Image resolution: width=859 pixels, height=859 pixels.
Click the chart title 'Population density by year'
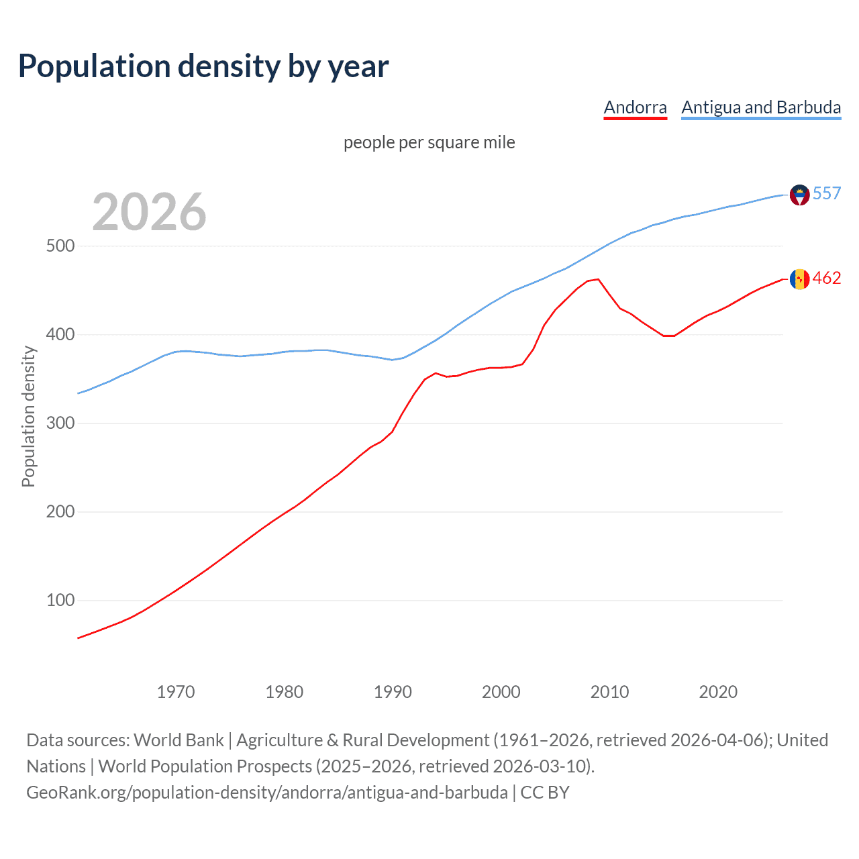tap(203, 66)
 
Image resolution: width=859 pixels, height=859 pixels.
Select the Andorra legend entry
tap(635, 107)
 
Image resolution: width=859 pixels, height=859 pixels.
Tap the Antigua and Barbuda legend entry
tap(761, 107)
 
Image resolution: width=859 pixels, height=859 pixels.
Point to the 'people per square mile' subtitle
tap(429, 142)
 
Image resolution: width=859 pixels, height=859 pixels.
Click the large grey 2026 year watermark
tap(149, 212)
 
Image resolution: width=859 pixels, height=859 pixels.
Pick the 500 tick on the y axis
tap(60, 246)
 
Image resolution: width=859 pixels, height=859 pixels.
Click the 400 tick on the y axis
tap(60, 334)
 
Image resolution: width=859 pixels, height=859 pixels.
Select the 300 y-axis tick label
tap(60, 423)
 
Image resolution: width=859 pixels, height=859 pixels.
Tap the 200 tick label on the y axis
tap(60, 511)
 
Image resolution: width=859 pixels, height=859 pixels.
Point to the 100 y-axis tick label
tap(60, 600)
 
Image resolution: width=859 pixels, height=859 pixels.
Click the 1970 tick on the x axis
tap(176, 692)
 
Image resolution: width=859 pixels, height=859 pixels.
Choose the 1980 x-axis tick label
tap(285, 692)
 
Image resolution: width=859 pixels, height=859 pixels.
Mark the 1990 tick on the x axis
tap(393, 692)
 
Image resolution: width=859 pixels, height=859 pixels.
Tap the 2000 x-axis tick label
tap(501, 692)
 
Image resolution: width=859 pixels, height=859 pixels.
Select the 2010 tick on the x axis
tap(609, 692)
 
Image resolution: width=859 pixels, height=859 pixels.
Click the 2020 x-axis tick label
tap(718, 692)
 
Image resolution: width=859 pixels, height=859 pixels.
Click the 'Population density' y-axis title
tap(28, 416)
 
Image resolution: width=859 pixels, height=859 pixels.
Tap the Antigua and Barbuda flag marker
tap(799, 195)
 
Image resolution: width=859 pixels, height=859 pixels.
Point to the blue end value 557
tap(827, 194)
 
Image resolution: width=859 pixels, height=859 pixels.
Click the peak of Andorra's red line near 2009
tap(598, 279)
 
